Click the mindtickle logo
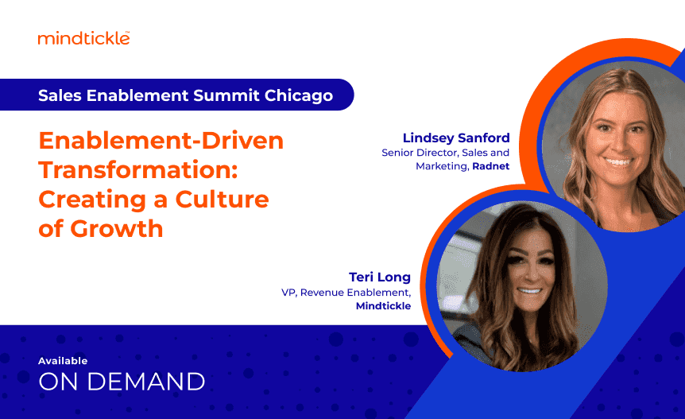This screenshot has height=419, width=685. (83, 37)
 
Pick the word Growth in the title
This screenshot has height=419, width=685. (117, 228)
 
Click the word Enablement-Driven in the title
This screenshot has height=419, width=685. (161, 142)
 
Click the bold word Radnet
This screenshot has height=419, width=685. (491, 166)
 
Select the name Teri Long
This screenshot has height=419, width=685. (380, 277)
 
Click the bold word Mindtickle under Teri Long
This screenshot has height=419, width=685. (383, 305)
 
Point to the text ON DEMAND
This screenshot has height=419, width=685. (122, 381)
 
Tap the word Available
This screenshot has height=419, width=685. (63, 360)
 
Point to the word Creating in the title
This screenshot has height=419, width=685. (90, 199)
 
